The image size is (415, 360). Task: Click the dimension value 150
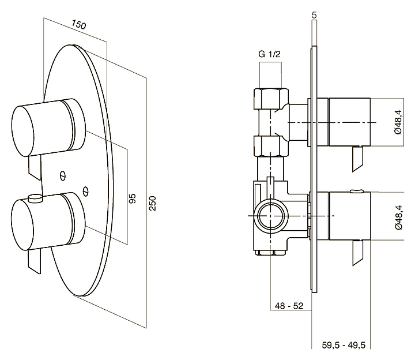coord(79,25)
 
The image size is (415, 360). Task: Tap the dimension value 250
coord(153,202)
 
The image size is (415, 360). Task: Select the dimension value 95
coord(132,198)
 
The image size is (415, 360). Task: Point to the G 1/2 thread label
coord(270,54)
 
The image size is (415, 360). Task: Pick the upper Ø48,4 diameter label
coord(398,122)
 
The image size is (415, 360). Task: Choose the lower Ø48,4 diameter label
coord(398,217)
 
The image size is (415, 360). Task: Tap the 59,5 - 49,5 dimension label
coord(345,345)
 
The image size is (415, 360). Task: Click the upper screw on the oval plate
coord(62,173)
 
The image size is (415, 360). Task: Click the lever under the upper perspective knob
coord(35,167)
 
